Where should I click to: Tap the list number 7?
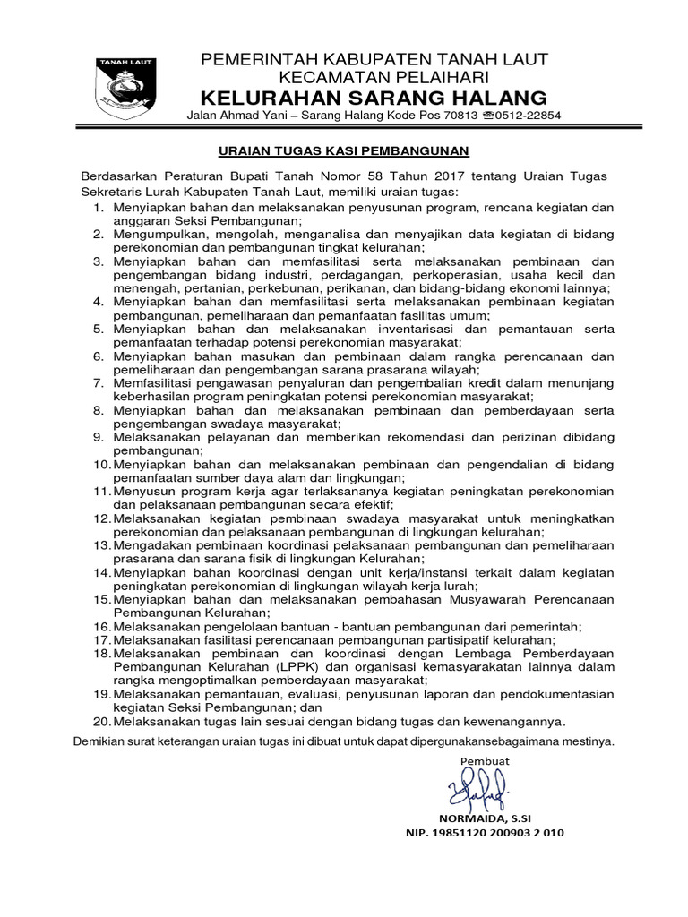click(x=99, y=382)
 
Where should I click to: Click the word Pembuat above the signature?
click(x=484, y=760)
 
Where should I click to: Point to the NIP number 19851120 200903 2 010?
click(x=486, y=832)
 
